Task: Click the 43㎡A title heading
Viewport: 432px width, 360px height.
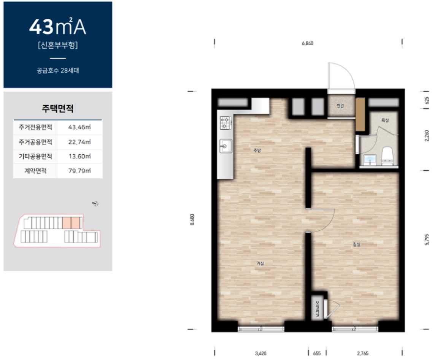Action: [x=57, y=27]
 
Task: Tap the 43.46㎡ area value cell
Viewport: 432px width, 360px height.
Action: [x=79, y=127]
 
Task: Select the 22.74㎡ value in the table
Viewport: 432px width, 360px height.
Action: [x=79, y=142]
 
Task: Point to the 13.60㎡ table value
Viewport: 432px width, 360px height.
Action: [x=79, y=156]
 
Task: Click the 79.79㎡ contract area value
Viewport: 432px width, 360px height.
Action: [x=79, y=171]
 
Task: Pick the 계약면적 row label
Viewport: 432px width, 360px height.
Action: [x=35, y=171]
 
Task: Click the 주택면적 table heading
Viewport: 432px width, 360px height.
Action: [x=57, y=108]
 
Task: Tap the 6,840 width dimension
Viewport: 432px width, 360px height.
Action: [x=308, y=43]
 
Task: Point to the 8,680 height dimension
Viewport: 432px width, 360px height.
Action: [x=192, y=219]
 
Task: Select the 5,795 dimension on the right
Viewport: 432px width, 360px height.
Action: [x=427, y=239]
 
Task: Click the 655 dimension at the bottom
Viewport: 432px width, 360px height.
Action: [x=317, y=353]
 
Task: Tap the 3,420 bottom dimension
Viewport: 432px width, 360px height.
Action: [x=260, y=353]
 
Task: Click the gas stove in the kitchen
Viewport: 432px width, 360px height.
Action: [x=225, y=122]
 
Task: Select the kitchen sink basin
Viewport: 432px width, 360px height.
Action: [x=226, y=146]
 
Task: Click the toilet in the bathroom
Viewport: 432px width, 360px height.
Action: [x=388, y=156]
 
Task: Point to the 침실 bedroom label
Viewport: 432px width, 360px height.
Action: [x=356, y=244]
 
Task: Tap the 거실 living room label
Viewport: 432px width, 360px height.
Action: [x=260, y=263]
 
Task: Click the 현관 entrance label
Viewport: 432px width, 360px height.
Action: [x=340, y=106]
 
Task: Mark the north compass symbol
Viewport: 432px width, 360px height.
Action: [x=95, y=203]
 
